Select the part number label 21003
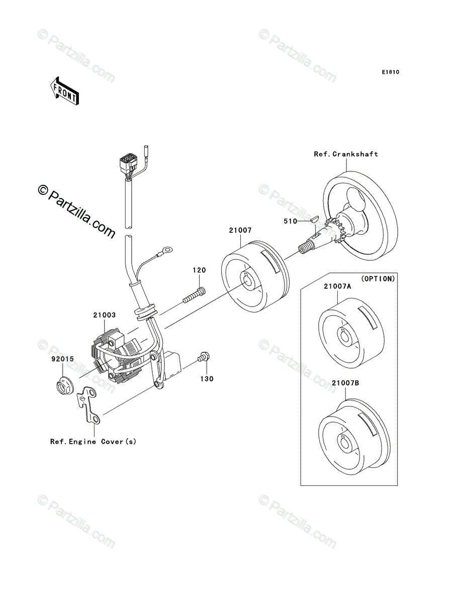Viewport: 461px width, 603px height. click(x=104, y=316)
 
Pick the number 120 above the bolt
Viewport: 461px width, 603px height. click(x=198, y=270)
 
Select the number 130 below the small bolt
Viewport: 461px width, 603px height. click(x=207, y=378)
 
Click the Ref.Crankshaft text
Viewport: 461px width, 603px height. click(x=346, y=154)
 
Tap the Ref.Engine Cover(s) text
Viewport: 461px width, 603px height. click(x=93, y=442)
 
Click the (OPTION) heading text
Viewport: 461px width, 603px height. click(x=378, y=278)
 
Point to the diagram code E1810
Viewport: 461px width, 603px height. click(x=390, y=72)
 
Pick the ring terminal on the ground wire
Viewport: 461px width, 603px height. click(x=166, y=249)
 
